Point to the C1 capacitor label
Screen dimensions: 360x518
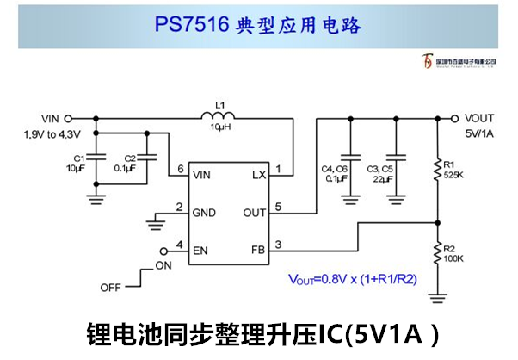coord(78,158)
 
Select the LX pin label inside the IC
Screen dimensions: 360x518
coord(259,175)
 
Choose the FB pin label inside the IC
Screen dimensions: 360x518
coord(258,249)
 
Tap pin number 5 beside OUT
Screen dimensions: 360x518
coord(278,207)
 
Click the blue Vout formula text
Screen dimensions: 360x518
coord(352,279)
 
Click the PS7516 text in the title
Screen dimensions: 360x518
coord(191,25)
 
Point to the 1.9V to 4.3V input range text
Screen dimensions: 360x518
coord(52,134)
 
